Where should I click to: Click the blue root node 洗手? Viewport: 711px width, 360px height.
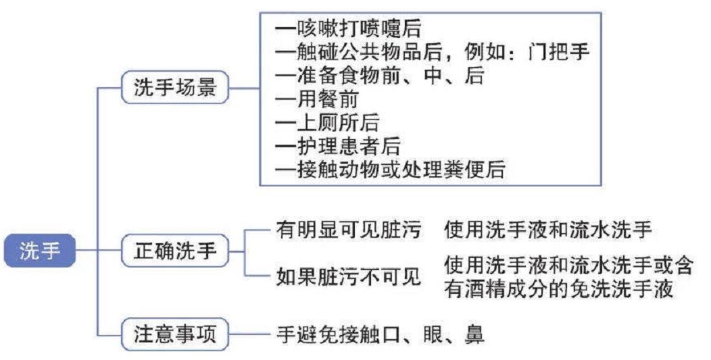pos(39,251)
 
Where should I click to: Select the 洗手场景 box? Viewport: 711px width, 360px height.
pos(174,87)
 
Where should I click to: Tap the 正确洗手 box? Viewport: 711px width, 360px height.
pos(174,251)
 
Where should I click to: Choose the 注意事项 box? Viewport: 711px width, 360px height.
pos(174,334)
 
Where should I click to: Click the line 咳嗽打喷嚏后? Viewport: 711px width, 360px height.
pos(348,29)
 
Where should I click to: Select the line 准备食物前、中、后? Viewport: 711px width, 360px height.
pos(380,76)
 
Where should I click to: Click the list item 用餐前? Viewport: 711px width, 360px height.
pos(317,99)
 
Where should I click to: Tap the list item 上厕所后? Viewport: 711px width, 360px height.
pos(327,123)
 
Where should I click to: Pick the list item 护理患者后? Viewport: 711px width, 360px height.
pos(338,147)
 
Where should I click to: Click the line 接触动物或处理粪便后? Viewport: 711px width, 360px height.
pos(391,170)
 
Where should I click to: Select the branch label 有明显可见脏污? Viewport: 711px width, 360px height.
pos(349,230)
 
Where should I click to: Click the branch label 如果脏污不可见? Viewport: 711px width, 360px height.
pos(349,276)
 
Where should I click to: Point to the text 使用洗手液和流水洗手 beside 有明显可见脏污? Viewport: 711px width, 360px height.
pos(548,230)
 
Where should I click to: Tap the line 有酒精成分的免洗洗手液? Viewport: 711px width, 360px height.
pos(559,289)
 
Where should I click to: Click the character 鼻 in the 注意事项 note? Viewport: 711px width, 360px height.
pos(474,334)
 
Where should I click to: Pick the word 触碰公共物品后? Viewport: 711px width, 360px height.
pos(359,52)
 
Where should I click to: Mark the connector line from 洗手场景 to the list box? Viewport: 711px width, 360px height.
pos(244,87)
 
